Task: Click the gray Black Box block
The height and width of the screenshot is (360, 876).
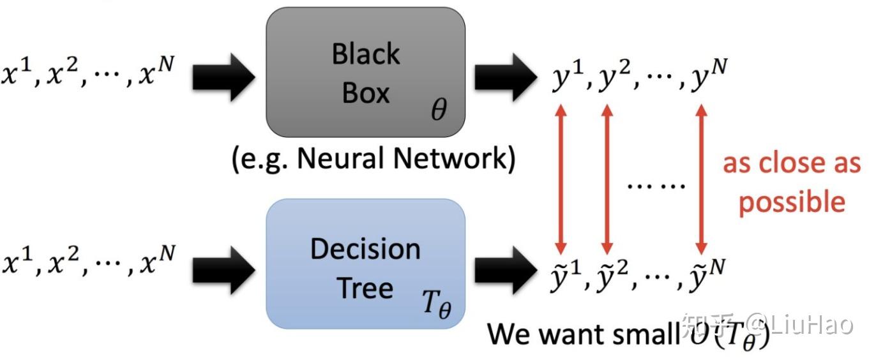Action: click(x=365, y=71)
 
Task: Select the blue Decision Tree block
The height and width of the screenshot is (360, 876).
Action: click(x=365, y=263)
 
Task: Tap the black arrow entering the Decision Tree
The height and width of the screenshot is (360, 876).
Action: click(x=223, y=267)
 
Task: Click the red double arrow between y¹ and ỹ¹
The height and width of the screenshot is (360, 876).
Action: click(x=561, y=179)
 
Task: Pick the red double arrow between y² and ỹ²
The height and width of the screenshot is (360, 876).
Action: click(x=607, y=179)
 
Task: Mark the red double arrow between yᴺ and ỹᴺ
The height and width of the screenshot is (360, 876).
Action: click(x=701, y=179)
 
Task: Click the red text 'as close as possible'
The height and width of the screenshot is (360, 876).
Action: click(x=792, y=183)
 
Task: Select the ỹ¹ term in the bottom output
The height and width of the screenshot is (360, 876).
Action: click(x=564, y=274)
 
